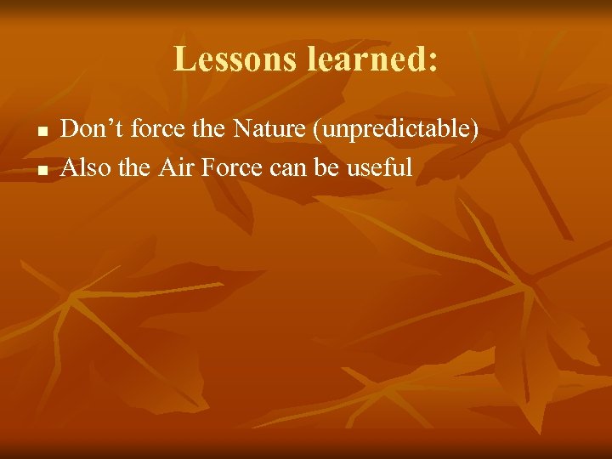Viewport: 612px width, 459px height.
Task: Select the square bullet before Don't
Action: tap(40, 133)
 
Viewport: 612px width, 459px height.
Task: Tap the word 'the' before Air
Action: tap(134, 167)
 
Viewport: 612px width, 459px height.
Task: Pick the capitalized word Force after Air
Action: tap(230, 167)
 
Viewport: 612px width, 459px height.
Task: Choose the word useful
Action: tap(379, 167)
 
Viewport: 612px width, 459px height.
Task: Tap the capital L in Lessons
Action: tap(183, 59)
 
